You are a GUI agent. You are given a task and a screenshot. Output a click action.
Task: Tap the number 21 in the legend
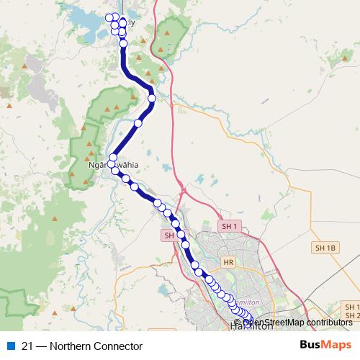click(28, 346)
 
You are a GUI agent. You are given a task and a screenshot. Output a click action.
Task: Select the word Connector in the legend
click(109, 346)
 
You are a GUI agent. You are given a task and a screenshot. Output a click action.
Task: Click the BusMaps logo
click(325, 346)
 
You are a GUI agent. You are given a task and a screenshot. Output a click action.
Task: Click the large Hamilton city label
click(252, 326)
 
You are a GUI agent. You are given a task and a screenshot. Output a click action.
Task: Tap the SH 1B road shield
click(325, 247)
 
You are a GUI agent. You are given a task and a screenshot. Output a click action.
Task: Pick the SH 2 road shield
click(352, 315)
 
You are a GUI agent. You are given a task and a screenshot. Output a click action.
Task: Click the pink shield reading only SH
click(169, 235)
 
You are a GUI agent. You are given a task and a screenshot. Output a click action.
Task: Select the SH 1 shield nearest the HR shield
click(230, 226)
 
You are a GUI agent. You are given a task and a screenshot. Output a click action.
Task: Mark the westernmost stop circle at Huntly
click(109, 17)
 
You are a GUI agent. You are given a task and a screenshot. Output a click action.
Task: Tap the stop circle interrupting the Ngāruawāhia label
click(112, 165)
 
